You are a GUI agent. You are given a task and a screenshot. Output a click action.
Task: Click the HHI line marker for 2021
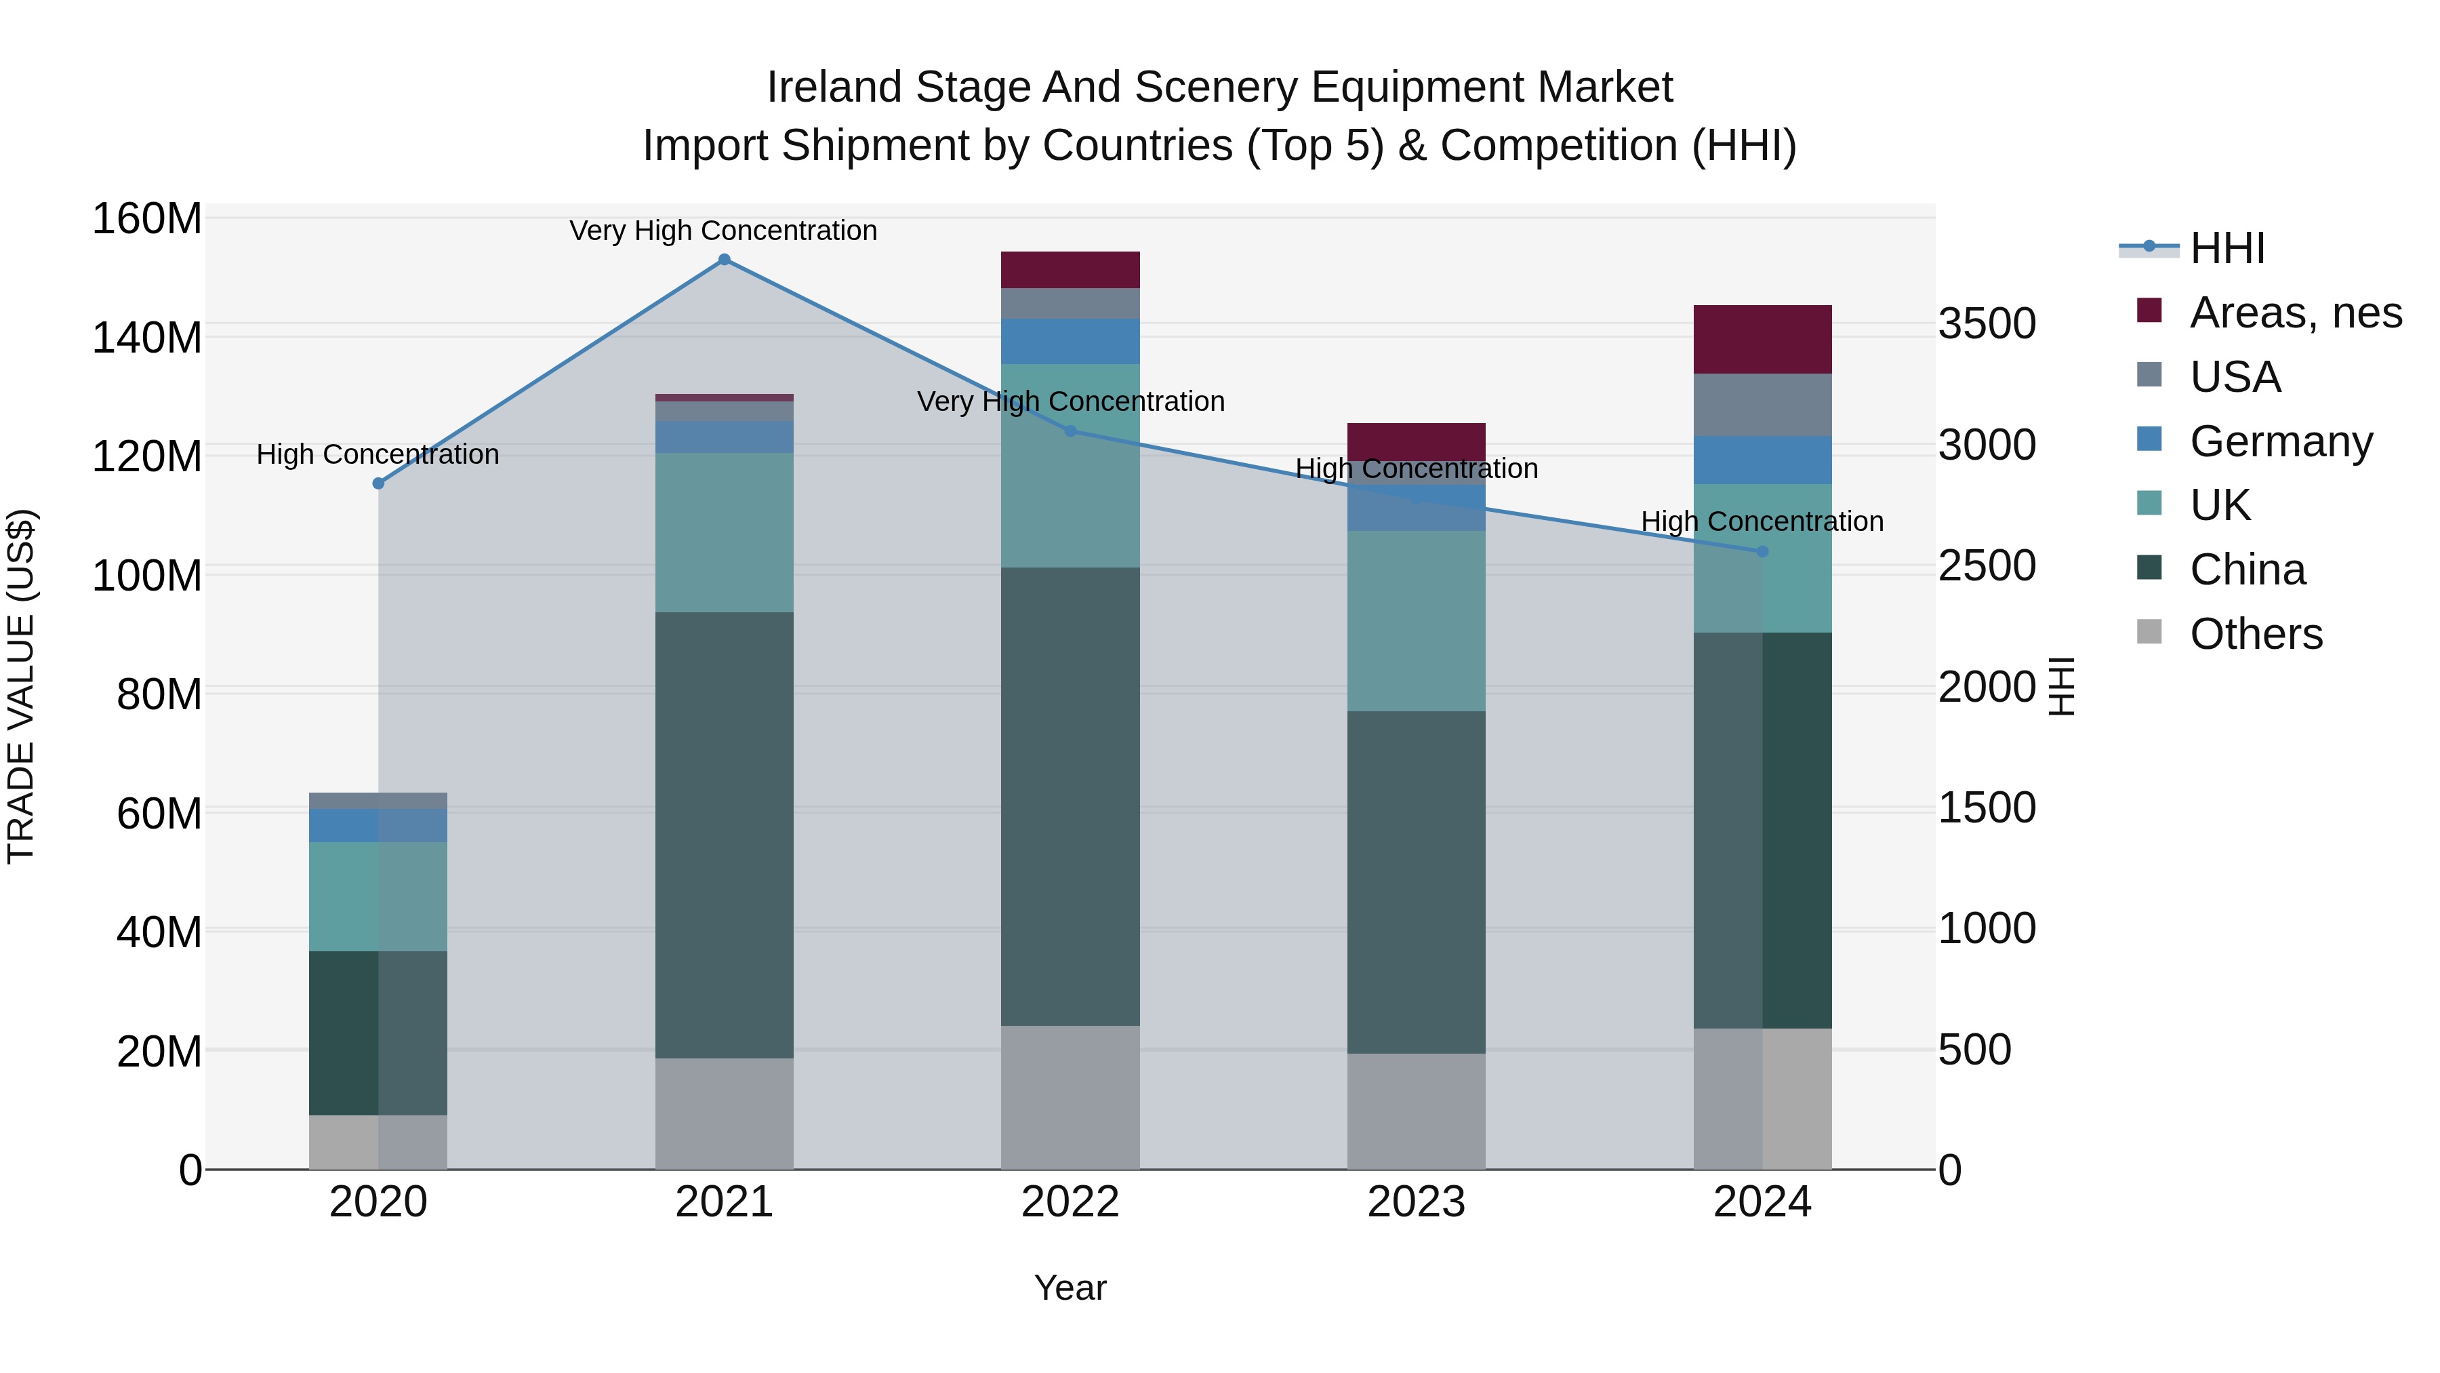(724, 260)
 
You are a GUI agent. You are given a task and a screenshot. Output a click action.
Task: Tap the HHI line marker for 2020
(378, 483)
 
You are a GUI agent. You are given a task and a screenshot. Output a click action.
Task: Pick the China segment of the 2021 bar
(724, 834)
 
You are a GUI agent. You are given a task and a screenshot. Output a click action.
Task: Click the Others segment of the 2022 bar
(1070, 1097)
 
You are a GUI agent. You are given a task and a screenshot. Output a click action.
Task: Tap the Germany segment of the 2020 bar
(378, 825)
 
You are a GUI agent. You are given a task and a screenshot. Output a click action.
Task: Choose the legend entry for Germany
(2280, 441)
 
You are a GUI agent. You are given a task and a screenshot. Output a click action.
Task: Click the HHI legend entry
(2226, 248)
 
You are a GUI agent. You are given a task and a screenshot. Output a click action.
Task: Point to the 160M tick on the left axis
(147, 219)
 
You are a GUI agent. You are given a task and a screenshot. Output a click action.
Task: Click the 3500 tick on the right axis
(1987, 324)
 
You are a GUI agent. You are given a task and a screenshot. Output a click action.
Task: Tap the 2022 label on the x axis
(1070, 1202)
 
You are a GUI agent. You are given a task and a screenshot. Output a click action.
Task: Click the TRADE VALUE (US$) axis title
(21, 686)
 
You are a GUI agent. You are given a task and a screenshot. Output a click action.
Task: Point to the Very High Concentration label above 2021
(724, 231)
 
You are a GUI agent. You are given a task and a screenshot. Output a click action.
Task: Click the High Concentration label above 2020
(378, 455)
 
